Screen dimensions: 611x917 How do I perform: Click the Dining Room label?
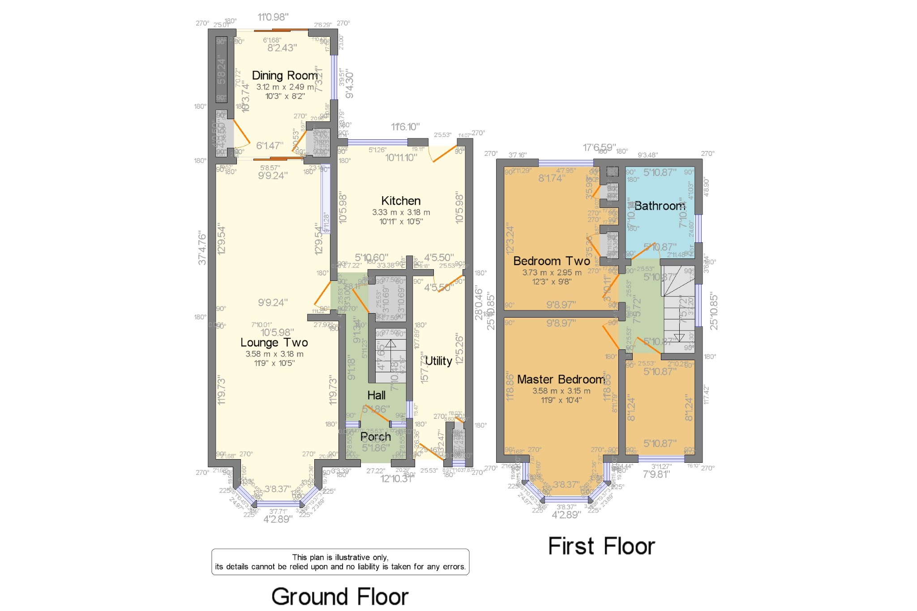click(285, 76)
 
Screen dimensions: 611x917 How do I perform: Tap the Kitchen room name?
click(401, 201)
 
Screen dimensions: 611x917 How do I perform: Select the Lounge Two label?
click(274, 343)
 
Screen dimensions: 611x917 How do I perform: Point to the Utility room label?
click(438, 361)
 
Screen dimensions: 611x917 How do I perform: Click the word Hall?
click(376, 396)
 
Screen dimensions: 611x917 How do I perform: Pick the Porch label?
click(375, 437)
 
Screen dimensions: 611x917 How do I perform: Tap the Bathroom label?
click(660, 206)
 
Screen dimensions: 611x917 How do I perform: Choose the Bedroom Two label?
click(552, 261)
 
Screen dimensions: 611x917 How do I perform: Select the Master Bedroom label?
click(561, 379)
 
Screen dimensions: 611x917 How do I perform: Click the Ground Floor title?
click(340, 597)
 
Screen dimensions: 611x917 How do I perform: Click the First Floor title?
click(601, 546)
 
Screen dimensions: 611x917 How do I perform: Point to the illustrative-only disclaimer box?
click(340, 562)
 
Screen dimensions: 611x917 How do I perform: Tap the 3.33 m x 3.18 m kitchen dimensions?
click(401, 212)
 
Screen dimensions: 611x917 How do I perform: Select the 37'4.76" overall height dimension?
click(202, 248)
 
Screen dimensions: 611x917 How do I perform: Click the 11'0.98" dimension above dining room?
click(273, 17)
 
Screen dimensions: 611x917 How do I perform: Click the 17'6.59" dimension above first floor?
click(599, 147)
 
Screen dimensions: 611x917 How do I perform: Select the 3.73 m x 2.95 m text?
click(552, 272)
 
